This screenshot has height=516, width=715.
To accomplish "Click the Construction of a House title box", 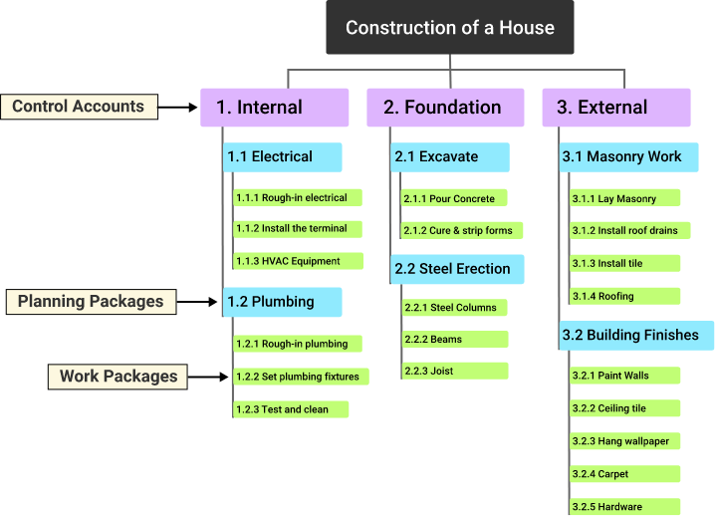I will coord(450,28).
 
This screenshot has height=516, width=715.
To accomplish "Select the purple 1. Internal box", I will coord(275,108).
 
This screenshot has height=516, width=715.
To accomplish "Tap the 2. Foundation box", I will coord(442,108).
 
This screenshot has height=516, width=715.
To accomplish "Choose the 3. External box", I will coord(615,108).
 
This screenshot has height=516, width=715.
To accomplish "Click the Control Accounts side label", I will coord(79,107).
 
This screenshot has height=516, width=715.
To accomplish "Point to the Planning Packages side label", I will coord(91,302).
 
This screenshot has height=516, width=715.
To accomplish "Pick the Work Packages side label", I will coord(119,376).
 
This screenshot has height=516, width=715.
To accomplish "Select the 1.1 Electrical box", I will coord(283,157).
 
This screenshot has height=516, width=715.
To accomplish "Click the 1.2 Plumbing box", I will coord(283,302).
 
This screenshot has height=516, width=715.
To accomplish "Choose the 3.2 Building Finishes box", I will coord(636,336).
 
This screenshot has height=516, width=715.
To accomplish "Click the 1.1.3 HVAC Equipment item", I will coord(297,262).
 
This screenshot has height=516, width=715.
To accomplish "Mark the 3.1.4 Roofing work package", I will coord(624,297).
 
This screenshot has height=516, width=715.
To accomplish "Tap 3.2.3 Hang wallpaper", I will coord(624,441).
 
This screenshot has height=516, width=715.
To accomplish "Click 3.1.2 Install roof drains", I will coord(624,231).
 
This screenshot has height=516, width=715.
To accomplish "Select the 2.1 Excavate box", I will coord(450,157).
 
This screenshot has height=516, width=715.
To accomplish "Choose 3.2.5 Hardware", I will coord(624,506).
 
